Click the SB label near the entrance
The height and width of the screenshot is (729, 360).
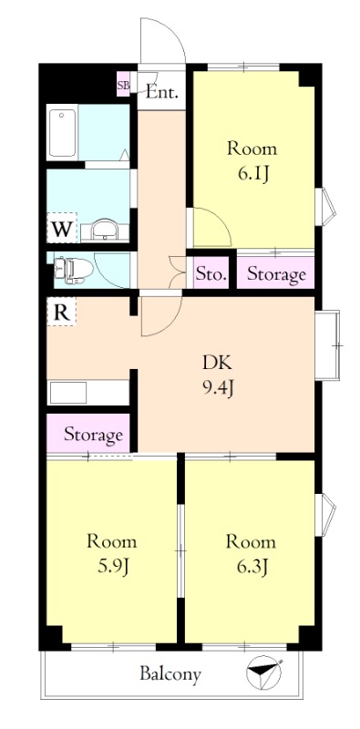tap(123, 85)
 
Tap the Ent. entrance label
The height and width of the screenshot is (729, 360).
tap(162, 92)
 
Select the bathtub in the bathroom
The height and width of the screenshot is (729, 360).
tap(62, 132)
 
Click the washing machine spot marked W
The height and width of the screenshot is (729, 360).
tap(61, 229)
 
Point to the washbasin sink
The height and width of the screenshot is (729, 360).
tap(106, 230)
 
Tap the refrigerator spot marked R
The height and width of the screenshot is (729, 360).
tap(61, 312)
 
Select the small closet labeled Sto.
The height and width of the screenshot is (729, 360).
tap(211, 273)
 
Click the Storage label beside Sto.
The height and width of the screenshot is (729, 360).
tap(276, 275)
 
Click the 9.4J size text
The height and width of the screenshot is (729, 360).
tap(217, 386)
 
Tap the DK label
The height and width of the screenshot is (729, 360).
tap(217, 363)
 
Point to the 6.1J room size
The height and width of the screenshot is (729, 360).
tap(252, 174)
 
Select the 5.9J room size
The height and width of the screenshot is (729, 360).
tap(111, 566)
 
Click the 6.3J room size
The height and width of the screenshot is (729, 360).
tap(252, 566)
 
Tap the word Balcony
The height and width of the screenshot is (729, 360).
tap(170, 673)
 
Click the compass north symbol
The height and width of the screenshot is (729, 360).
tap(264, 672)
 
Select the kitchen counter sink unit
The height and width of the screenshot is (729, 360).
tap(88, 393)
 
